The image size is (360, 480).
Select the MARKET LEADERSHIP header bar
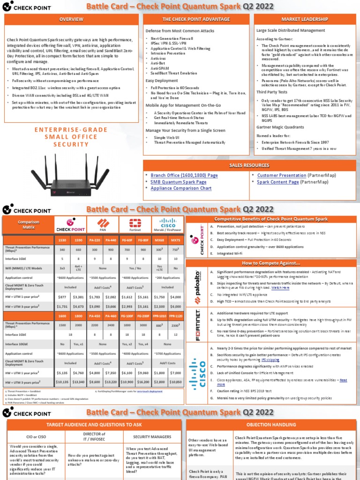click(305, 19)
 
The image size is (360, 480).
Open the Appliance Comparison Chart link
click(181, 188)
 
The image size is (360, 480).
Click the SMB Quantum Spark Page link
click(179, 182)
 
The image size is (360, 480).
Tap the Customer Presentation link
click(282, 175)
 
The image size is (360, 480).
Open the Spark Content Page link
click(278, 182)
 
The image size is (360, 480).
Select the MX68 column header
click(158, 240)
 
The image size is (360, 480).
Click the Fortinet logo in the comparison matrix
click(135, 224)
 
